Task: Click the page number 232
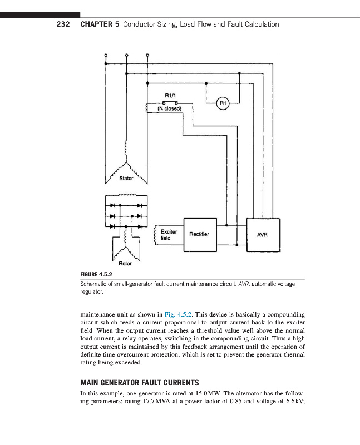(x=63, y=24)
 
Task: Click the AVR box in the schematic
(x=263, y=235)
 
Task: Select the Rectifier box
(x=199, y=234)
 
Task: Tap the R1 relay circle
(x=222, y=103)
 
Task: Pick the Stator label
(x=126, y=179)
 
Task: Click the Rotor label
(x=126, y=263)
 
